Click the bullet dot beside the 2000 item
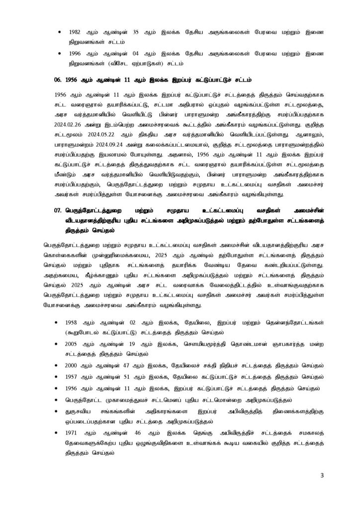[60, 364]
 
